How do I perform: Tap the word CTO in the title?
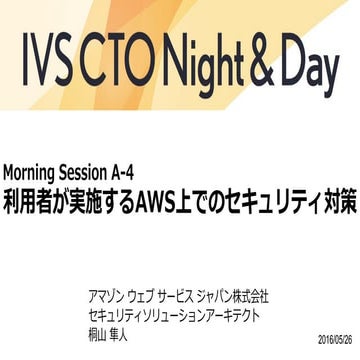click(x=130, y=61)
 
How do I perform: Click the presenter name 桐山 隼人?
click(x=108, y=335)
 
